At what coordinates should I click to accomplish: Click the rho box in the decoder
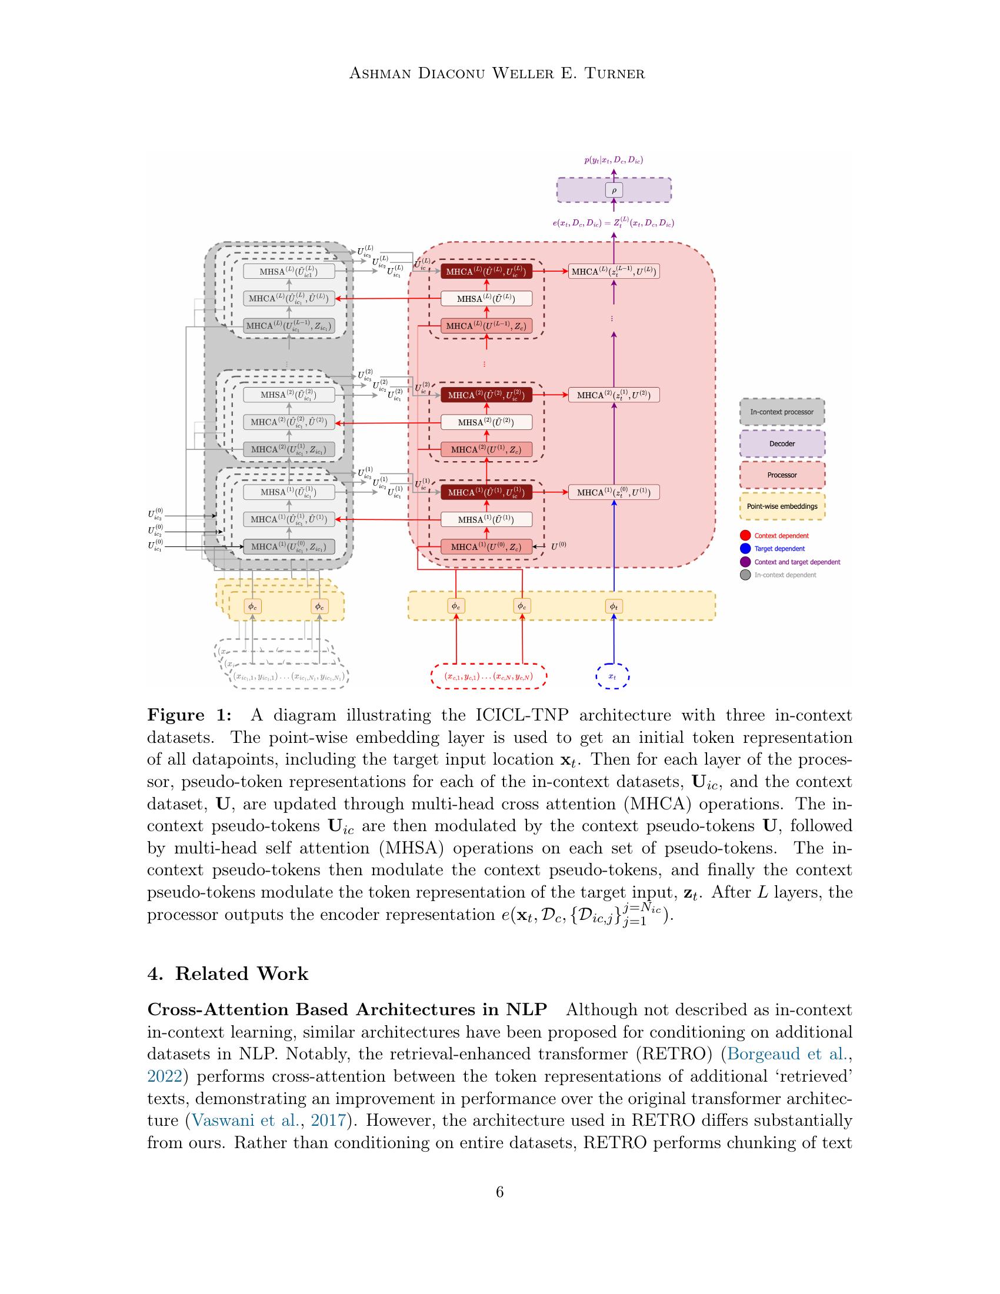point(614,191)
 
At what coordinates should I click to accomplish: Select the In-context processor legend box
point(781,412)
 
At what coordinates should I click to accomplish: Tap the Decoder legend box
point(781,443)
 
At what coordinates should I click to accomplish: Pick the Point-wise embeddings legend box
point(781,506)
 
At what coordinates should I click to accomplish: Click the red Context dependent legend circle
point(745,536)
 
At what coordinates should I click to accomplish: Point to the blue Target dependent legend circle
point(745,549)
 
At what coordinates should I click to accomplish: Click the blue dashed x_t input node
point(612,676)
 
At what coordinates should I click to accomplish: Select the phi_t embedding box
point(614,606)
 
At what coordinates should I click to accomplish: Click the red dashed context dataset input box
point(488,676)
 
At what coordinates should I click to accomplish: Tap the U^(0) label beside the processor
point(559,546)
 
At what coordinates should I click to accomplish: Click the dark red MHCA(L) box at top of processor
point(486,271)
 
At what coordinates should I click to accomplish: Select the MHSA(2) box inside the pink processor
point(486,422)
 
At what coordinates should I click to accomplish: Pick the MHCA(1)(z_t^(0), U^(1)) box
point(614,492)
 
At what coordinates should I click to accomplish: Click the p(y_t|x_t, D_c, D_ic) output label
point(614,160)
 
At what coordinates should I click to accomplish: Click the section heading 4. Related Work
point(228,974)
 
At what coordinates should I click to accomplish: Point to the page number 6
point(499,1192)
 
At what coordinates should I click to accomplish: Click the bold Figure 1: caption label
point(189,715)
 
